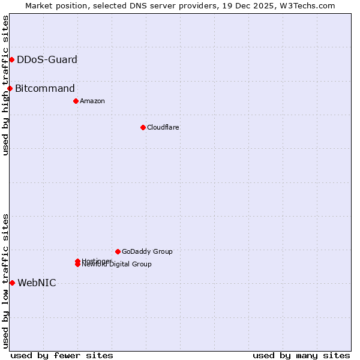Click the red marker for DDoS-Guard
11,59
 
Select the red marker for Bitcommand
10,89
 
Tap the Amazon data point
76,101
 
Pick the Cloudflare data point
143,127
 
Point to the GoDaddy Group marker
118,251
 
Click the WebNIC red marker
12,283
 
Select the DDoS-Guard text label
47,59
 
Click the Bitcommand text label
45,89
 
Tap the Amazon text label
92,101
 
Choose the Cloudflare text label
163,127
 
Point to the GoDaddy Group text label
147,251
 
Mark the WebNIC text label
37,283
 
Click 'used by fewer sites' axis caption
62,355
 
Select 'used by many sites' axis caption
301,355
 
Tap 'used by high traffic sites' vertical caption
5,85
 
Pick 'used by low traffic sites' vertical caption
5,281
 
